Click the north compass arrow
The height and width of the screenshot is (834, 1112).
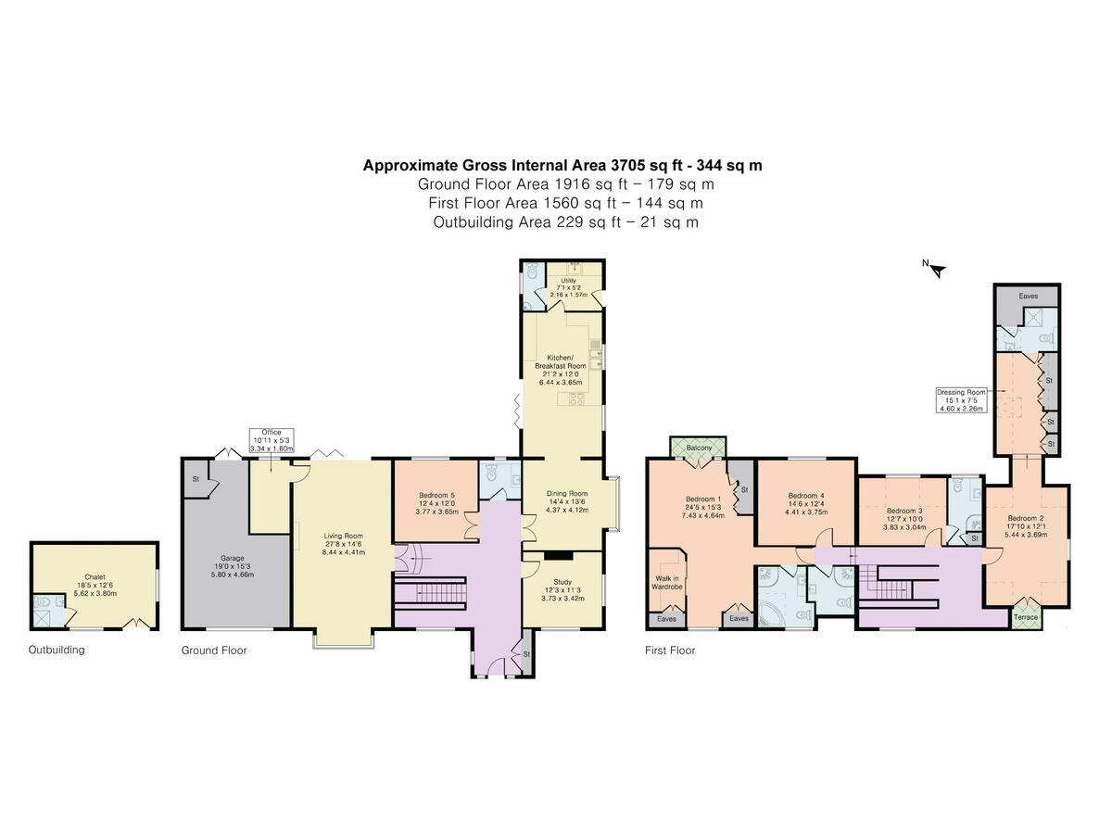point(937,271)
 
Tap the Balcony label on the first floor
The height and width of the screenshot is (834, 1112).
point(700,449)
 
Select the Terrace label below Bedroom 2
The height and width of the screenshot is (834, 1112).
point(1025,617)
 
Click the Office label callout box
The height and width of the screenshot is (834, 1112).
point(272,440)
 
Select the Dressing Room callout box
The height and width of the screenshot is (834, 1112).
point(963,399)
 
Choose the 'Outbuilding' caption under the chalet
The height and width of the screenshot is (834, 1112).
point(56,651)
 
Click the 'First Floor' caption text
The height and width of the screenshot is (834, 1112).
point(669,651)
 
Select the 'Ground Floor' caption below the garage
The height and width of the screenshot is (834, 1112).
point(214,651)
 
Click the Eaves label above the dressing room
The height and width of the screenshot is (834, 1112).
point(1029,297)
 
